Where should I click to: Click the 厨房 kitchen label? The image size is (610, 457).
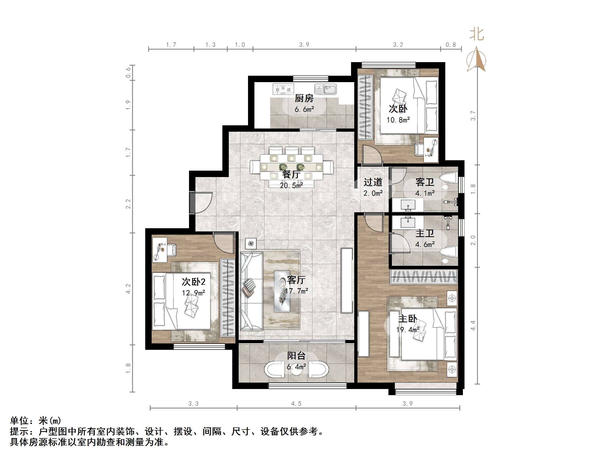tap(304, 98)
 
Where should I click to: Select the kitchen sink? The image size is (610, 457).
tap(326, 89)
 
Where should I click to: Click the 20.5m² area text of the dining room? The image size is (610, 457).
tap(291, 186)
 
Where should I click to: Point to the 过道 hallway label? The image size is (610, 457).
tap(373, 182)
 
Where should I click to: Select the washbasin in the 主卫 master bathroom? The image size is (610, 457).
tap(408, 222)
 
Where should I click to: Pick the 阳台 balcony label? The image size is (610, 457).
tap(296, 356)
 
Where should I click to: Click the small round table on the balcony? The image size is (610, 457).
tap(296, 370)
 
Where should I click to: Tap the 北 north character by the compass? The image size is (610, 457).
tap(477, 35)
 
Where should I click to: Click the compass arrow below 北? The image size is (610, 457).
tap(476, 60)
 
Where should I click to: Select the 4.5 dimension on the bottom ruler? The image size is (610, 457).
tap(296, 404)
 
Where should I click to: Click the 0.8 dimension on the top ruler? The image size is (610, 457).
tap(451, 45)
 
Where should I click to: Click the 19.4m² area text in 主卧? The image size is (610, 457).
tap(408, 330)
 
